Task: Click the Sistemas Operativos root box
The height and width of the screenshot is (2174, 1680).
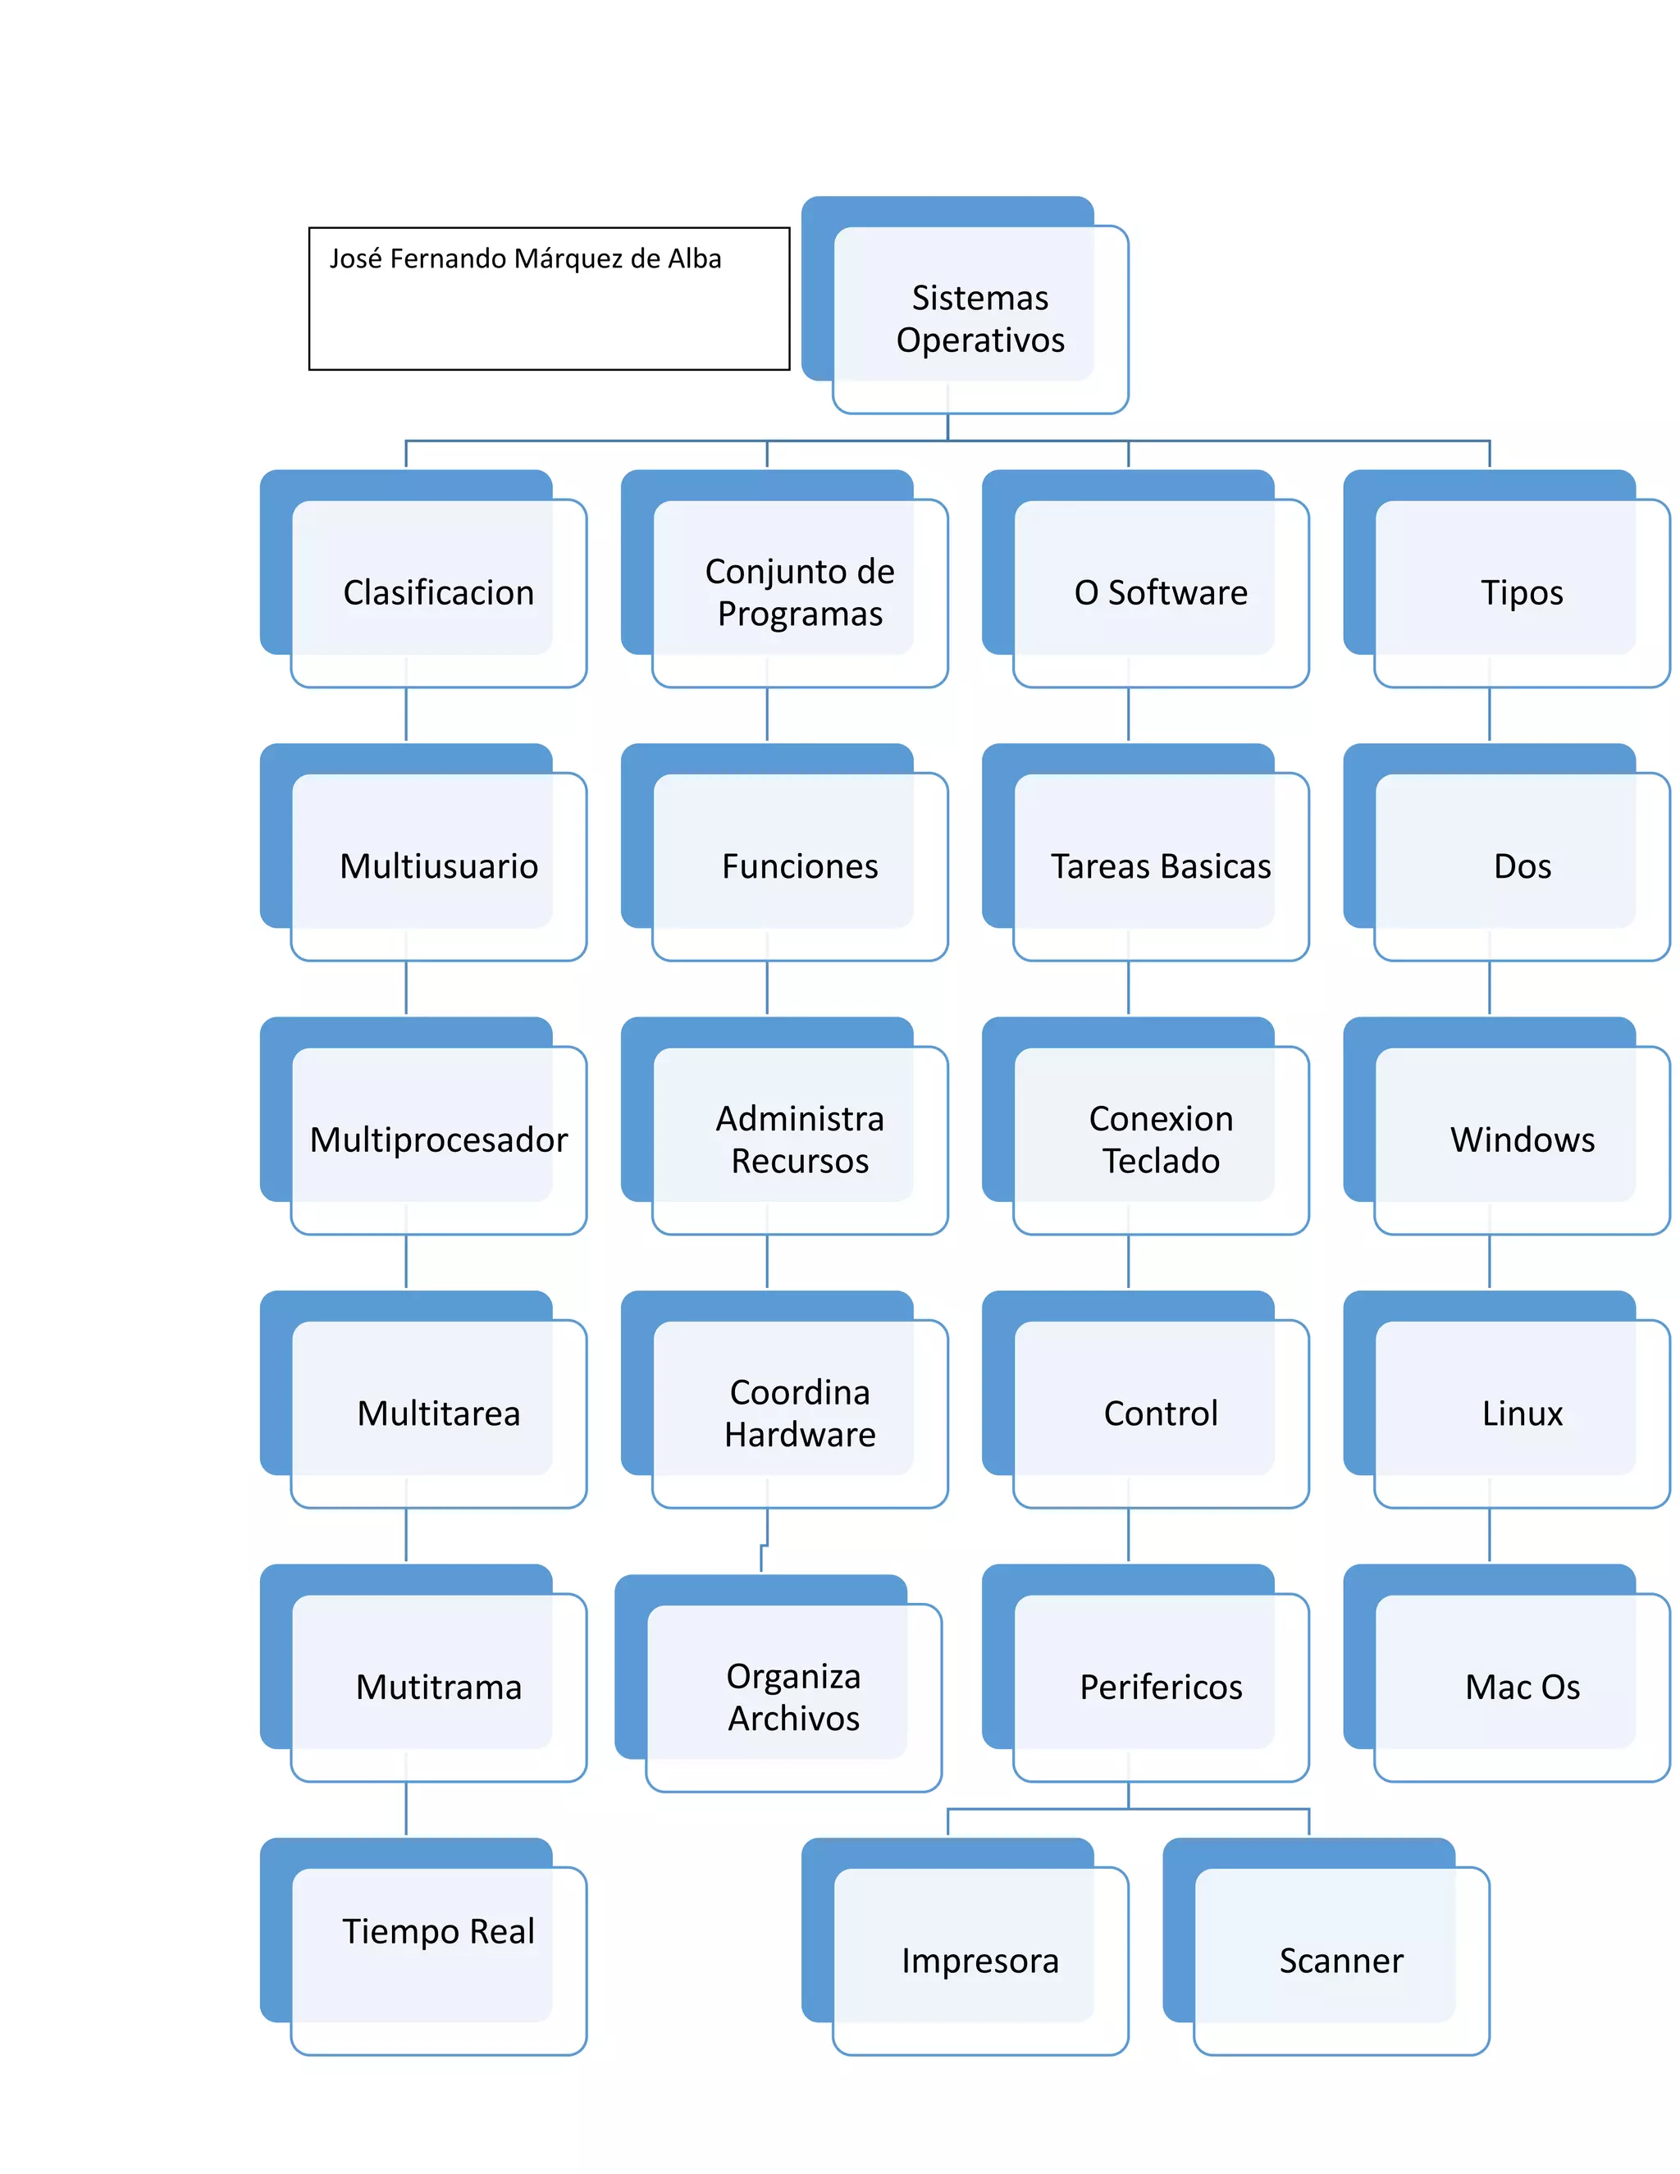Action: click(979, 318)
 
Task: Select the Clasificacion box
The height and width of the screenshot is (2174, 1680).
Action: click(438, 592)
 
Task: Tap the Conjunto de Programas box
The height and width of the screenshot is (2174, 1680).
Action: click(799, 592)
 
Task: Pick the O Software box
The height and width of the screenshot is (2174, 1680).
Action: click(1161, 592)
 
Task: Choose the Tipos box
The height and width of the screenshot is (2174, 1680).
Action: click(1522, 592)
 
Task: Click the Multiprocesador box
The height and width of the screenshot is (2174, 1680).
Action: click(438, 1140)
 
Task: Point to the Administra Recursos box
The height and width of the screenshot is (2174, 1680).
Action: click(799, 1140)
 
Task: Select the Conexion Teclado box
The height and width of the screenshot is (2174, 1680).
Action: click(1161, 1140)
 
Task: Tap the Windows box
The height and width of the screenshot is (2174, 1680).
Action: click(1522, 1140)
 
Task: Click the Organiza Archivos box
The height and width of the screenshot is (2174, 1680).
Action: click(793, 1697)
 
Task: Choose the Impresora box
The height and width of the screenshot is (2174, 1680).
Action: click(979, 1960)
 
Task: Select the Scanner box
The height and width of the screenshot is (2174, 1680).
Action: click(1340, 1960)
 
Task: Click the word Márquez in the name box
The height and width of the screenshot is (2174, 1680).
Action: click(568, 258)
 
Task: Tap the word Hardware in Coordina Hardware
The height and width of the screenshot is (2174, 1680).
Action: click(800, 1434)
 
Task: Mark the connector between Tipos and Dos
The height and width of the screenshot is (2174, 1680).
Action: click(1489, 715)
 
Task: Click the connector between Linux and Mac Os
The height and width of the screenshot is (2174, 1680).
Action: click(1489, 1536)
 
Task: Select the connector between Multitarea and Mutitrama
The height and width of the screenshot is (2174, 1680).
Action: click(406, 1536)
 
